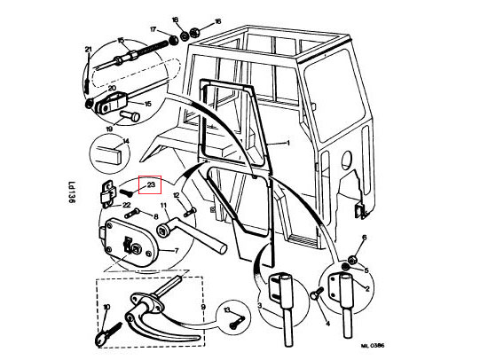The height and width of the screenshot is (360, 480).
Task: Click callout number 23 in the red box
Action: tap(151, 185)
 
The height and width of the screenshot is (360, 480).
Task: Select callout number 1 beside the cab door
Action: tap(287, 142)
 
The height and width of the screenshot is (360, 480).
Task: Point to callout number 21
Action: tap(88, 49)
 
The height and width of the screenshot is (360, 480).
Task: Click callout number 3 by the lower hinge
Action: tap(261, 306)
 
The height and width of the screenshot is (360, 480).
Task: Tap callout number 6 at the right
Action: tap(363, 239)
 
